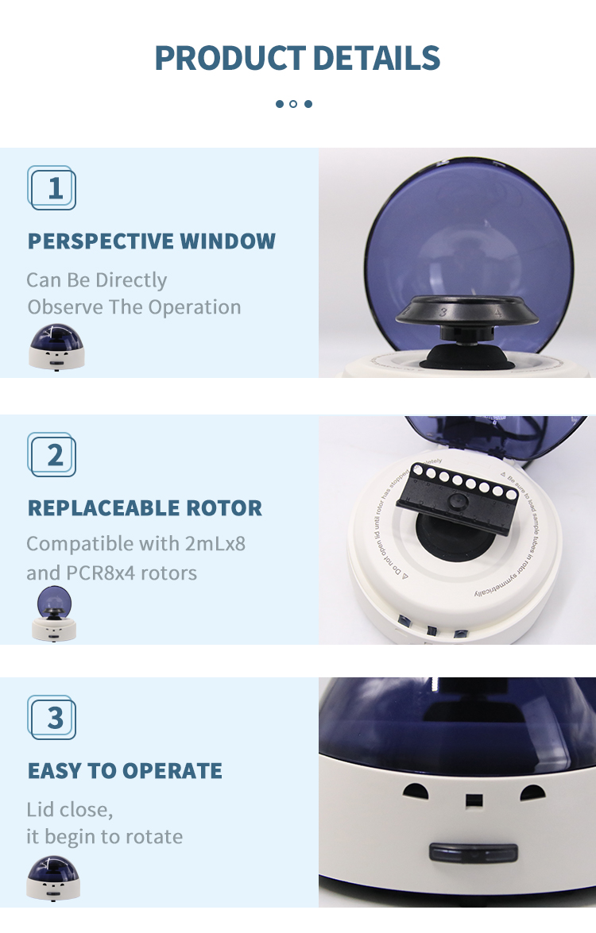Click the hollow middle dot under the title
tap(293, 104)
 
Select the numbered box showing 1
tap(52, 188)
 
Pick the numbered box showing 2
tap(52, 455)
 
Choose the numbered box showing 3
tap(52, 718)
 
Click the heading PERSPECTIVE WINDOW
tap(152, 241)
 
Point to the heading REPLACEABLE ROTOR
tap(145, 508)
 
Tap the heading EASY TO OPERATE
tap(125, 771)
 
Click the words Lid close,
tap(70, 810)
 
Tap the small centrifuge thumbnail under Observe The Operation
tap(56, 347)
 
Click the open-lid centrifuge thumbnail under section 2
tap(55, 613)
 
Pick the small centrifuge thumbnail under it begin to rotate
tap(53, 877)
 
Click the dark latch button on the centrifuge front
tap(474, 853)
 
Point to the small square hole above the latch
tap(474, 800)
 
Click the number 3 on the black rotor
tap(443, 312)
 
